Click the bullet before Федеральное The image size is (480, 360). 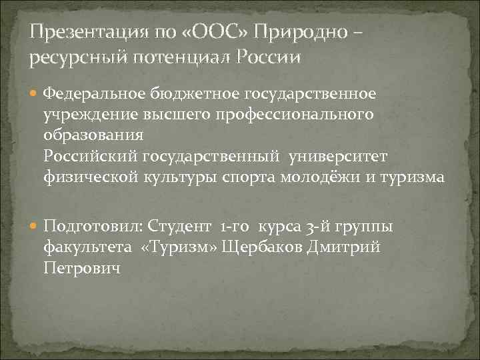(35, 93)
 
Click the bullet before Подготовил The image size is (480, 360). (35, 227)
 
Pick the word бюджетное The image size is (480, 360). (191, 93)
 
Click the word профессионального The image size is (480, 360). (307, 115)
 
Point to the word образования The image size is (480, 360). (93, 135)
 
